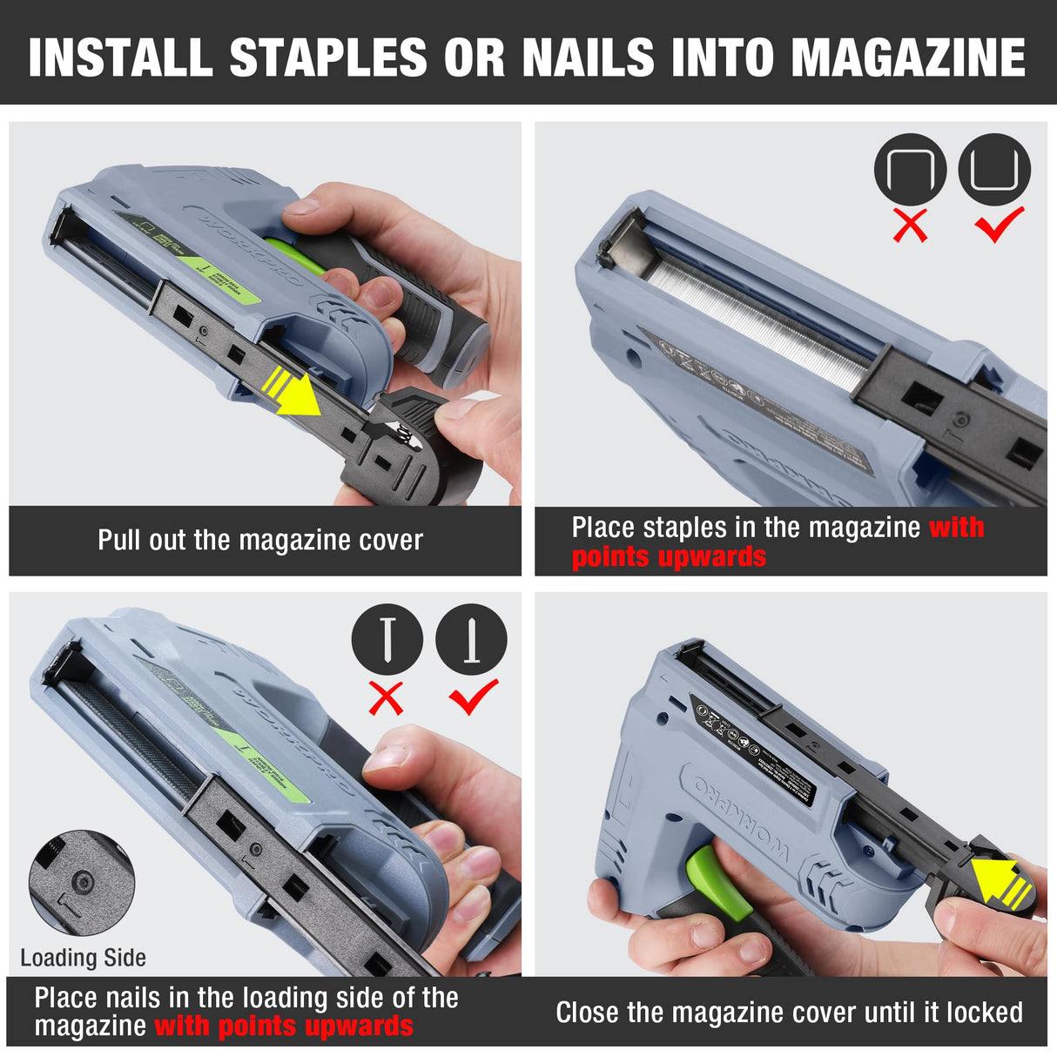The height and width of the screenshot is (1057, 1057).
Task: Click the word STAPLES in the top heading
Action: click(x=328, y=57)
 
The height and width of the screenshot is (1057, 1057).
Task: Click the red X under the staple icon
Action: click(x=911, y=226)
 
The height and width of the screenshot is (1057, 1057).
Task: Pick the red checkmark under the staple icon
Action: click(x=999, y=224)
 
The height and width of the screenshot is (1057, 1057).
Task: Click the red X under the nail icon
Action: click(x=387, y=697)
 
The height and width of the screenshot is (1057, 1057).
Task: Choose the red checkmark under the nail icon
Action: click(x=473, y=696)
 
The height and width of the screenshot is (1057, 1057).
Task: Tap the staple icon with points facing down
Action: click(x=910, y=169)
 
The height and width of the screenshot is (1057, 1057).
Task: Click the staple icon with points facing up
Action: click(x=994, y=169)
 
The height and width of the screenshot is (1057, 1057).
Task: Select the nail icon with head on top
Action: click(x=387, y=639)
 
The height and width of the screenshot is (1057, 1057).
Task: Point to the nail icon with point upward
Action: click(x=471, y=639)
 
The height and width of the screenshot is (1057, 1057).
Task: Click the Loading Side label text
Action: click(x=83, y=958)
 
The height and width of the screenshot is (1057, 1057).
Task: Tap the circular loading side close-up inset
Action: click(x=81, y=883)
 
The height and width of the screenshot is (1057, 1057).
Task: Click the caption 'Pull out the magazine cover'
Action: click(x=259, y=541)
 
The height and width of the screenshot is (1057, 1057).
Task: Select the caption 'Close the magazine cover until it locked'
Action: click(x=789, y=1013)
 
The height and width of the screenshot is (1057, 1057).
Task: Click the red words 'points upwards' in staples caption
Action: click(x=669, y=557)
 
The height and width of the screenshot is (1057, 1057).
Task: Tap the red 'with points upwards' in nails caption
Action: click(x=284, y=1027)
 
